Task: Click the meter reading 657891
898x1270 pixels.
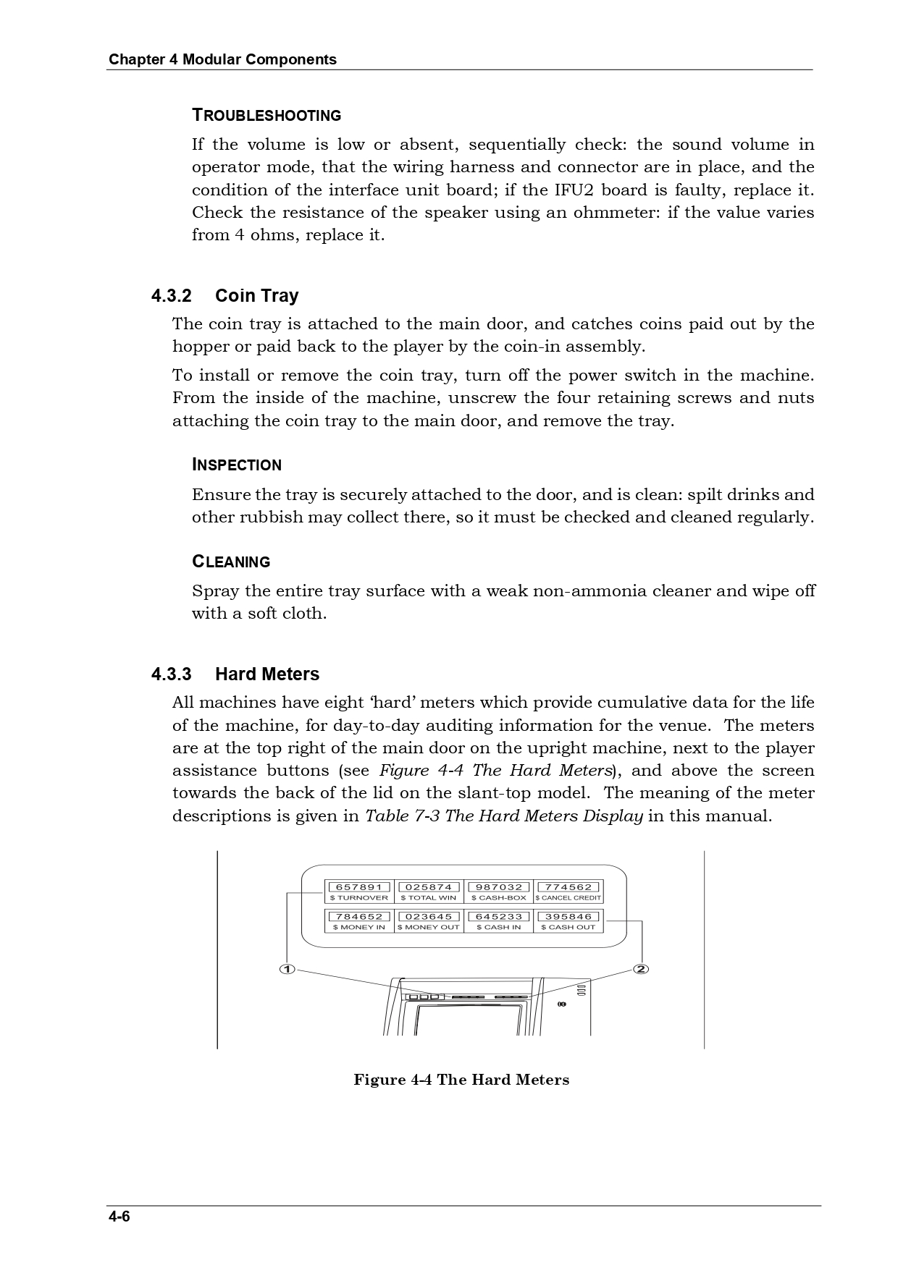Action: [359, 886]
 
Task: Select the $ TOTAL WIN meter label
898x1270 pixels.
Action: [429, 898]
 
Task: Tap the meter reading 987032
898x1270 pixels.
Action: [499, 886]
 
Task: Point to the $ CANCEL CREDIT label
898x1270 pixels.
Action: [568, 898]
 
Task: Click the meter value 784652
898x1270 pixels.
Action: [359, 916]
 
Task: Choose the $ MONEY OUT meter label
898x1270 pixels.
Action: [429, 927]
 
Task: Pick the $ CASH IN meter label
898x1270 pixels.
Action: [499, 927]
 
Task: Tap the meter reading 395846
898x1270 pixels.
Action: [568, 916]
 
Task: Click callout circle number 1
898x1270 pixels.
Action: [288, 969]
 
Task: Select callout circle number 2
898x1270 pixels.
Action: [641, 969]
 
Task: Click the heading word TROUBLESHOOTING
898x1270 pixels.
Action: [267, 116]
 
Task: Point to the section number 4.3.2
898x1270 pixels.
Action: [172, 296]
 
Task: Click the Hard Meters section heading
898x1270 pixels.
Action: [267, 674]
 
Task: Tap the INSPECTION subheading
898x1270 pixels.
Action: [237, 465]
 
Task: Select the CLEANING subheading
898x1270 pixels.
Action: [231, 562]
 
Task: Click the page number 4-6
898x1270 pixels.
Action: [119, 1216]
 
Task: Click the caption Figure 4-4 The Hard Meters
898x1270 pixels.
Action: [461, 1080]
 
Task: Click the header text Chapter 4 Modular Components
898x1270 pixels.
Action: [222, 59]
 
